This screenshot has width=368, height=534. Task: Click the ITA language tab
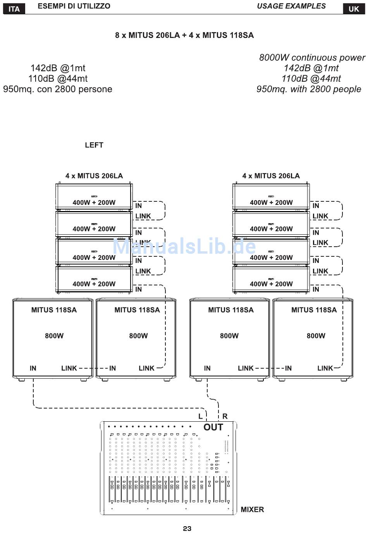tap(14, 9)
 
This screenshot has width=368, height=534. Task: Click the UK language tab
tap(354, 9)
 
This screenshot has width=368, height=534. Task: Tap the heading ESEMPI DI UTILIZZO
tap(74, 6)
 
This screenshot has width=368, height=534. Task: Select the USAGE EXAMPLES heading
tap(291, 6)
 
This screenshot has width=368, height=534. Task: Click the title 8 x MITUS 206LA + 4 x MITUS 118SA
tap(184, 35)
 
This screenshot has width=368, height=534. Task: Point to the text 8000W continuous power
tap(312, 58)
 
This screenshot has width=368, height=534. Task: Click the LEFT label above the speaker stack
tap(94, 145)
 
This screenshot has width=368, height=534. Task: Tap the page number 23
tap(187, 529)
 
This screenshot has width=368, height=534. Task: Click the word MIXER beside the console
tap(252, 510)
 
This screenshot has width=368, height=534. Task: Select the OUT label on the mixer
tap(213, 427)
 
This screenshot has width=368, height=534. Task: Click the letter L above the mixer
tap(200, 417)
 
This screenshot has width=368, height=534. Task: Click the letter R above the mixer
tap(225, 417)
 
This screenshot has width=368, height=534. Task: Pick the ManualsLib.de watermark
tap(184, 246)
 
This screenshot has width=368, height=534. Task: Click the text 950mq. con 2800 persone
tap(58, 89)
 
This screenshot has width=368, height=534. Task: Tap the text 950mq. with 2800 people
tap(309, 89)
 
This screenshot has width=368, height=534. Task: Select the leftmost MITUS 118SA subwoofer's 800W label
tap(54, 336)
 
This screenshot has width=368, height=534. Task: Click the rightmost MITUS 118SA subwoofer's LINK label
tap(325, 368)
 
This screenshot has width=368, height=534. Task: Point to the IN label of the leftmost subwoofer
tap(33, 368)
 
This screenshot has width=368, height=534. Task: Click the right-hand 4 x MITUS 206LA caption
tap(271, 176)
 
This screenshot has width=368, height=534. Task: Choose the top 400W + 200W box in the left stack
tap(94, 197)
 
